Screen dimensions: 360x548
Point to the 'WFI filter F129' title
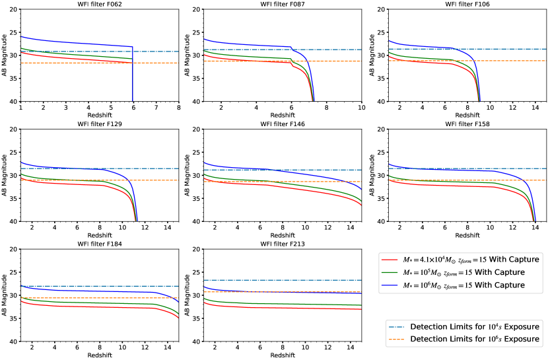(x=100, y=124)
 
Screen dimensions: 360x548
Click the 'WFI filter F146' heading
(x=283, y=124)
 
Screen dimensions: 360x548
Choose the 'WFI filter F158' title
(x=465, y=124)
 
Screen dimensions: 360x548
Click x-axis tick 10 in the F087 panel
(x=361, y=107)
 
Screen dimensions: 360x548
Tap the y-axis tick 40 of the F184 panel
(x=14, y=342)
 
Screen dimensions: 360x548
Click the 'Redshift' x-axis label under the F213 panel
(x=283, y=355)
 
